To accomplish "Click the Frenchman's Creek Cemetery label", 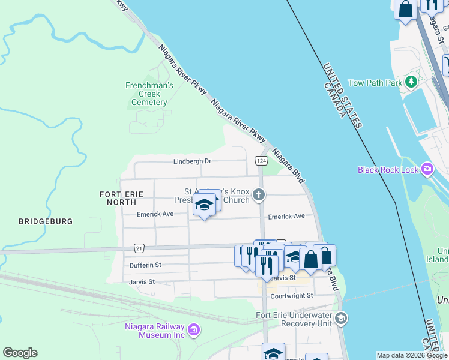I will click(149, 94).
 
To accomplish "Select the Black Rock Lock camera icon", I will click(427, 169).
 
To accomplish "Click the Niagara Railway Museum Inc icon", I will click(193, 329).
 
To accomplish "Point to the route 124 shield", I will click(261, 161).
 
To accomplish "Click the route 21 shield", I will click(139, 248).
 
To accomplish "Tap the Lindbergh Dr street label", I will click(192, 161).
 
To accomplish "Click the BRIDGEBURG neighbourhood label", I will click(46, 221).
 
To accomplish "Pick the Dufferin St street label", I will click(145, 265).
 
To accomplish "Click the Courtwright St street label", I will click(292, 296).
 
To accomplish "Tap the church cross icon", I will click(259, 194).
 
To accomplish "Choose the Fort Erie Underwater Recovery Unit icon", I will click(341, 318).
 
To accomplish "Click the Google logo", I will click(20, 353).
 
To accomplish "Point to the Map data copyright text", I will click(412, 355).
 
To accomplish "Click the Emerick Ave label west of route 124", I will click(155, 214).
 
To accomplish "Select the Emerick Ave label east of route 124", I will click(286, 217).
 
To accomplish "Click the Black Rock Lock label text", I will click(388, 170).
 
